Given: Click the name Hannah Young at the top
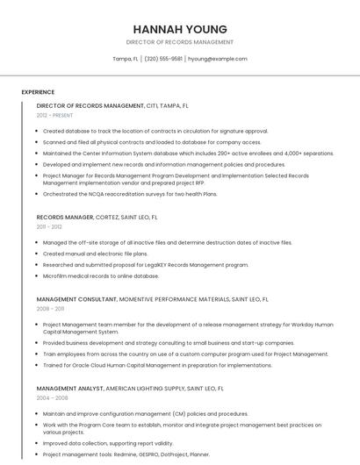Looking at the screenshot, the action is tap(180, 29).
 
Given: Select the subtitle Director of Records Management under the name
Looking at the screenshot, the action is tap(180, 42).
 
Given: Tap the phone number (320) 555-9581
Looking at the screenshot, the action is tap(163, 59).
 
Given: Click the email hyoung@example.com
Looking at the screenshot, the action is tap(218, 59).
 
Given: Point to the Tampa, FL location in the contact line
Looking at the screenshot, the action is tap(126, 59).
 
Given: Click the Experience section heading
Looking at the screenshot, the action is tap(38, 91).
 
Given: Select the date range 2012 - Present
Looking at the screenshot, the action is tap(54, 115).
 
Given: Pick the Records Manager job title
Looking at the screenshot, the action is tap(65, 217).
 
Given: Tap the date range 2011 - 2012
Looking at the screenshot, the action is tap(49, 226).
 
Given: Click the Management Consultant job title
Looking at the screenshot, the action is tap(76, 299).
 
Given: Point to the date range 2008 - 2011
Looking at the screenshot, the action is tap(50, 309).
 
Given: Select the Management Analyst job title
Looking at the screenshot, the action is tap(69, 387).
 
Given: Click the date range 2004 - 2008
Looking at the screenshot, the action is tap(52, 397).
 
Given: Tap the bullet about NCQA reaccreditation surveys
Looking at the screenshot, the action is tap(129, 194).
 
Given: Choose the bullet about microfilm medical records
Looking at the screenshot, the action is tap(101, 275).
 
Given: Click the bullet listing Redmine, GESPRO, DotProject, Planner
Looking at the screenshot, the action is tap(126, 454).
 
